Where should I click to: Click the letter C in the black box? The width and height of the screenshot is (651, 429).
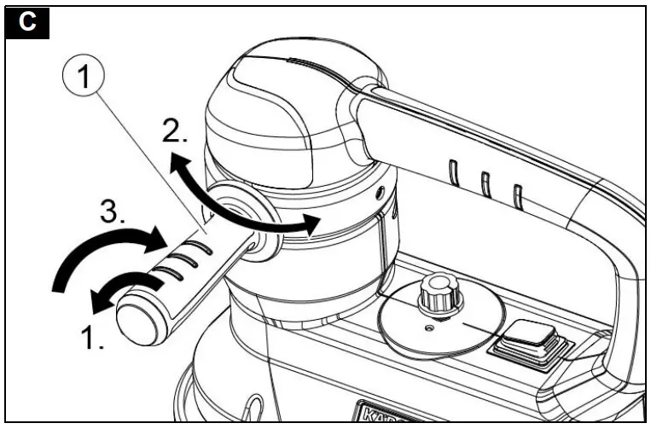tap(28, 22)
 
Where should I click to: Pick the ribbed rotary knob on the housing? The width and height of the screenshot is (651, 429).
tap(438, 294)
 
